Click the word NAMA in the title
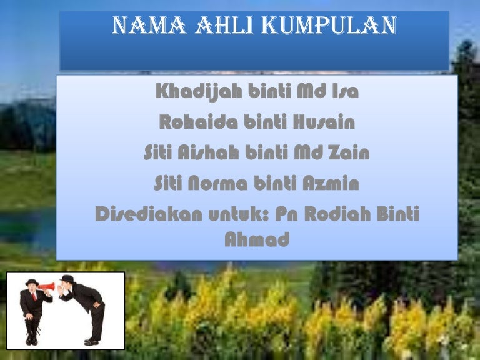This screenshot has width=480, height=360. coord(149,25)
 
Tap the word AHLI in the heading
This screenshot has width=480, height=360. coord(225,25)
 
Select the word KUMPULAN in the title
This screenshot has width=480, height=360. coord(329,25)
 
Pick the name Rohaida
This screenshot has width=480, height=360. coord(198,121)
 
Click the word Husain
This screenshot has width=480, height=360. coord(324,121)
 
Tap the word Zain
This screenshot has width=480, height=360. coord(349,152)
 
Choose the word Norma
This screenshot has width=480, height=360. coord(217,182)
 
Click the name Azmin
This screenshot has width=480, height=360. coord(331,182)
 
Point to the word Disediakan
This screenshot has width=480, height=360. coord(149,213)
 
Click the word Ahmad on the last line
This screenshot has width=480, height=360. coord(257,239)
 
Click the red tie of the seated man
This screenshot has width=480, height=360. coord(34,296)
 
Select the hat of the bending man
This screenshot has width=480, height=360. coord(67,279)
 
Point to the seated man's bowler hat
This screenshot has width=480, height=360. coord(32,282)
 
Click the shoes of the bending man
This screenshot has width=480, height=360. coord(91,342)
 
